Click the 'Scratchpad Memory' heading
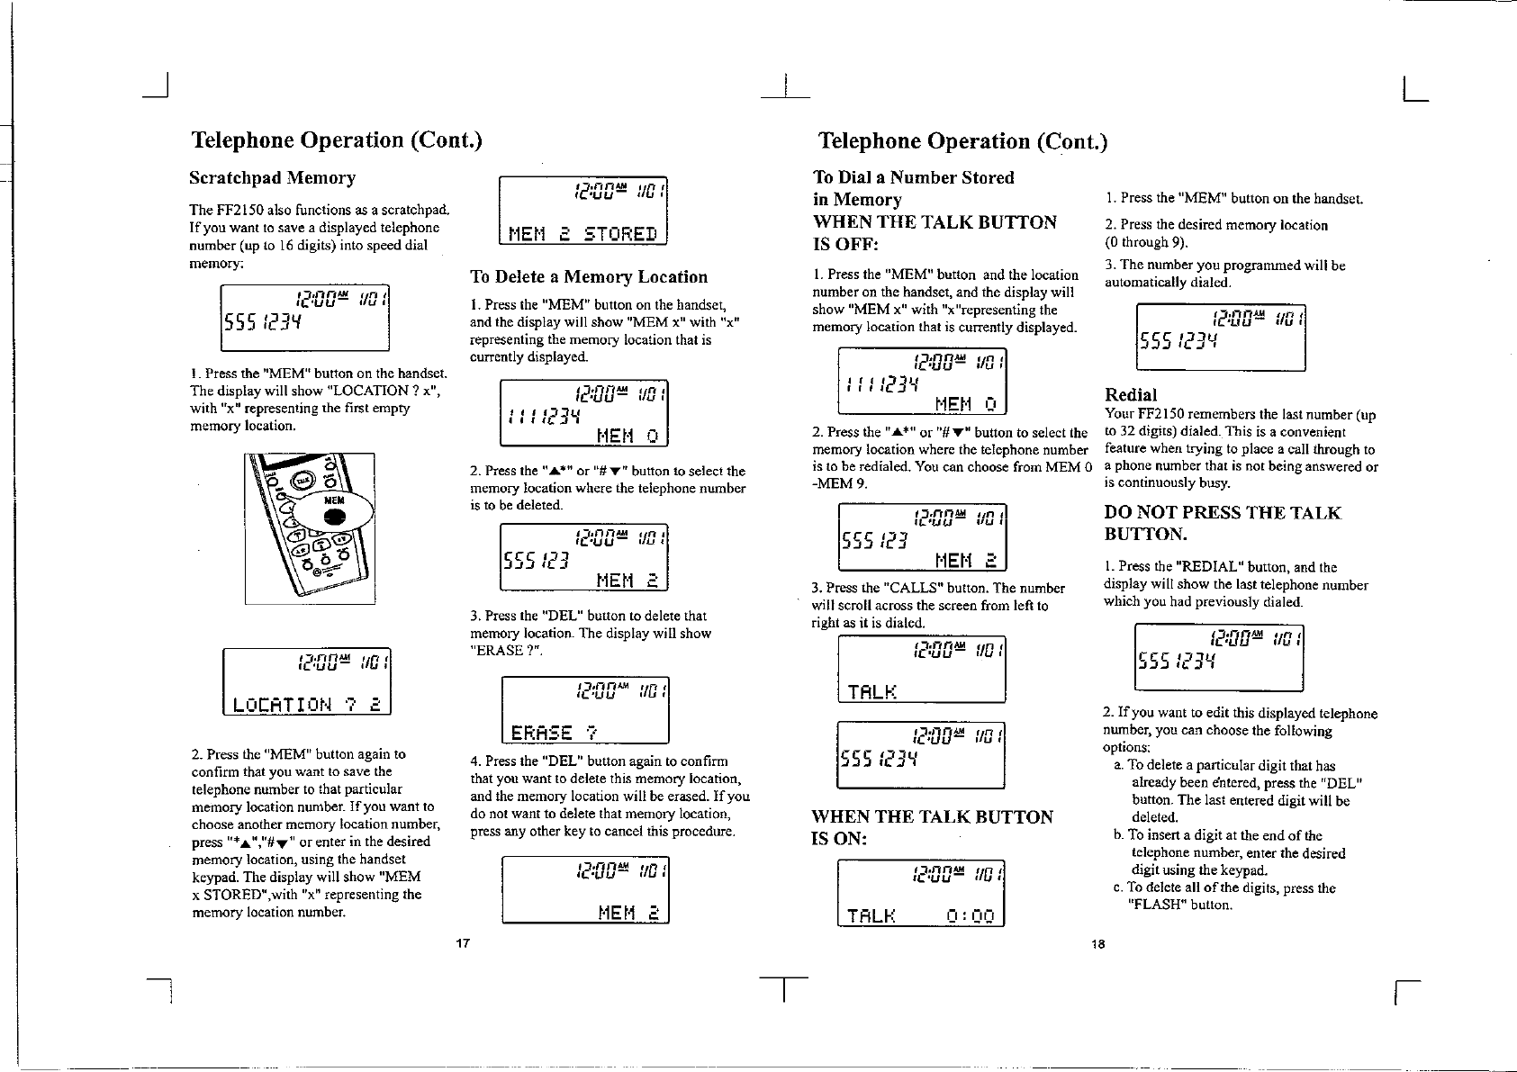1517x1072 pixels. pyautogui.click(x=273, y=178)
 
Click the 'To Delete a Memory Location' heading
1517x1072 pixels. pyautogui.click(x=589, y=277)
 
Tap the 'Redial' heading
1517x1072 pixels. pyautogui.click(x=1131, y=394)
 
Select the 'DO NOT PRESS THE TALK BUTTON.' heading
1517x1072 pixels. pyautogui.click(x=1222, y=523)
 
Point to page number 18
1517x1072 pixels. pyautogui.click(x=1097, y=944)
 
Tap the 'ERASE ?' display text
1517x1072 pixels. pyautogui.click(x=555, y=732)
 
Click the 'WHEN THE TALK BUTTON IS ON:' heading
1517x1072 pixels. pyautogui.click(x=932, y=828)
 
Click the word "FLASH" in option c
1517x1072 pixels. pyautogui.click(x=1160, y=905)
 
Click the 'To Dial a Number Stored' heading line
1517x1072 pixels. pyautogui.click(x=913, y=177)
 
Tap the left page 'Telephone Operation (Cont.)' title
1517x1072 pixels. pyautogui.click(x=337, y=140)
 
